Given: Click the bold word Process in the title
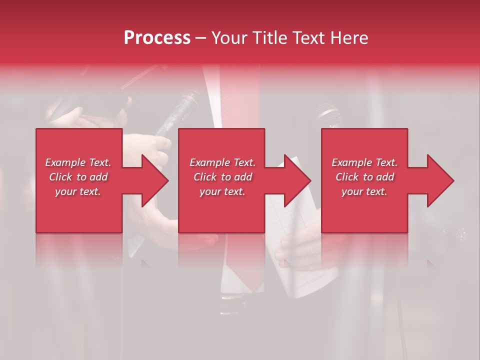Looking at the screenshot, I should coord(157,38).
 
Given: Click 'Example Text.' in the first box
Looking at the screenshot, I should coord(78,162).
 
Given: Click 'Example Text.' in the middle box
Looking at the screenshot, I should coord(222,162).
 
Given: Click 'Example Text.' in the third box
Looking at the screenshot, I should coord(364,162).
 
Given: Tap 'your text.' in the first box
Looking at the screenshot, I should coord(78,191).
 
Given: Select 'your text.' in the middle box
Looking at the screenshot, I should coord(222,191).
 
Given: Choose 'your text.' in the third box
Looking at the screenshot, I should coord(364,191).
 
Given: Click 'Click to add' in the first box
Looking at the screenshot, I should coord(78,177).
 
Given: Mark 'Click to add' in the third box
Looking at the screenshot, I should coord(364,177).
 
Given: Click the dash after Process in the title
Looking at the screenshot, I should coord(200,38).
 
